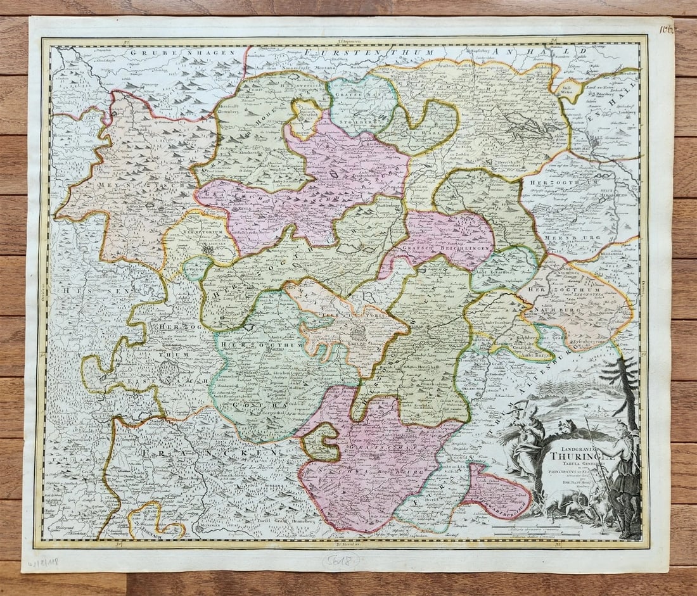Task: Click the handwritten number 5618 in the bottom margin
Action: (340, 560)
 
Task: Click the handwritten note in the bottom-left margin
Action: (42, 562)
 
